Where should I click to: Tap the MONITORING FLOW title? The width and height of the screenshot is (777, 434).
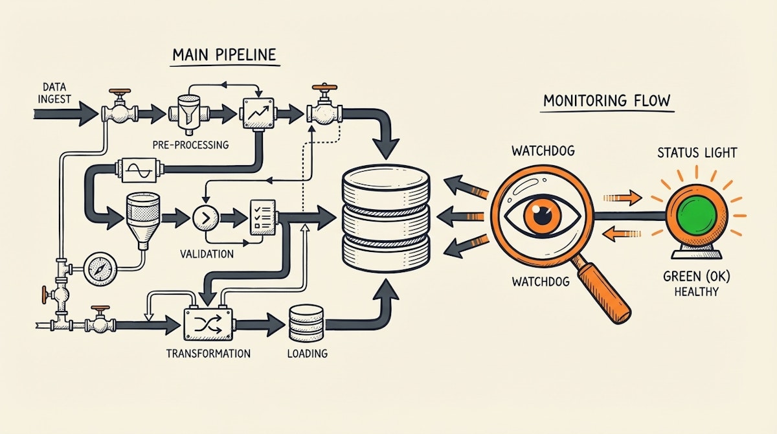606,101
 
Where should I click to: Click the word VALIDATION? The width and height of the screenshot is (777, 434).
207,254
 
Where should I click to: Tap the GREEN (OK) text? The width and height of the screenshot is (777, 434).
696,277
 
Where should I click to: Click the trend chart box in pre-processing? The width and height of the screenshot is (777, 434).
257,114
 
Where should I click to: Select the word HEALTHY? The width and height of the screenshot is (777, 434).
696,291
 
